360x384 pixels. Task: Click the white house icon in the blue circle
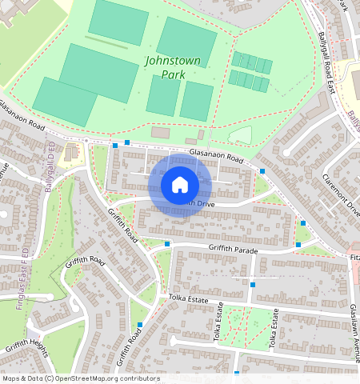(180, 185)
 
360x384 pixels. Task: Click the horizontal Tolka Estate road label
(188, 299)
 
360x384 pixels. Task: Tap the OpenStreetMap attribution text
(81, 378)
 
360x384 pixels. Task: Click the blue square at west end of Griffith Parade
(167, 243)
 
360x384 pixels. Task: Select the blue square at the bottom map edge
(237, 373)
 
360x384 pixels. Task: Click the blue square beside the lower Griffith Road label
(141, 325)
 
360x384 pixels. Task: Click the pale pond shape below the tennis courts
(240, 135)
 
